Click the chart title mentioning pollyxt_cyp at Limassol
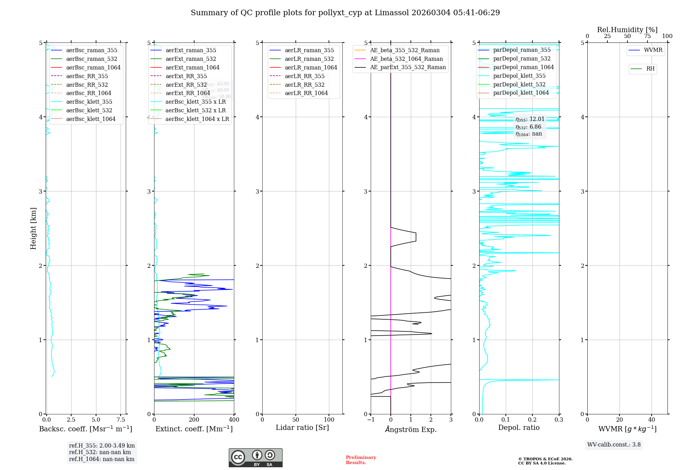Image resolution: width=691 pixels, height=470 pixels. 345,13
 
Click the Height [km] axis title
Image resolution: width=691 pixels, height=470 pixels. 33,228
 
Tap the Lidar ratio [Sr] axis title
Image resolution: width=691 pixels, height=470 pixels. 302,428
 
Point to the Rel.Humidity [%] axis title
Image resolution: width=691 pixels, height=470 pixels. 627,30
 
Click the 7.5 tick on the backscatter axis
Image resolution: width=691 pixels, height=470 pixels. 121,420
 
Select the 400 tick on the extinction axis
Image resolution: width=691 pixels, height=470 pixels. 234,420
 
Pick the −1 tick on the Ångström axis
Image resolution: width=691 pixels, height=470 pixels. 371,420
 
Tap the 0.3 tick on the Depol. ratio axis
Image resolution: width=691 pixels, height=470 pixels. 559,420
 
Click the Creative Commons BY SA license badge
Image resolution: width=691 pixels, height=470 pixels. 255,458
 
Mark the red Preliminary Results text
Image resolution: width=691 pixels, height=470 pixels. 361,460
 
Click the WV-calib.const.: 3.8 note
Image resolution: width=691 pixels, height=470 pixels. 614,445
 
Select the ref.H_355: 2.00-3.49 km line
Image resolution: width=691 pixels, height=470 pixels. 102,446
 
